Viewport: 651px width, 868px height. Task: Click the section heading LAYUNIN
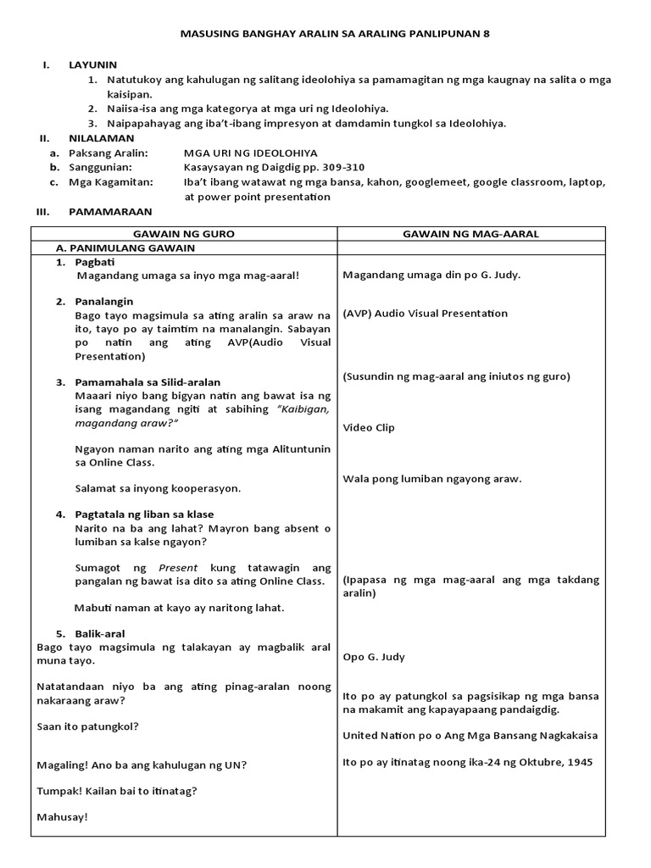(x=92, y=64)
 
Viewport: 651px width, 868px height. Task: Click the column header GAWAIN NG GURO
(x=184, y=233)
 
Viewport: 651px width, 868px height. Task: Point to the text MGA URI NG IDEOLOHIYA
(x=251, y=153)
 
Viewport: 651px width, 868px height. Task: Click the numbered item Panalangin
(x=103, y=301)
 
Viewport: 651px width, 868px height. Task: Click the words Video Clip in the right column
(x=369, y=427)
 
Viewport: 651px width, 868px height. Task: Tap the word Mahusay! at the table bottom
(x=63, y=817)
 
